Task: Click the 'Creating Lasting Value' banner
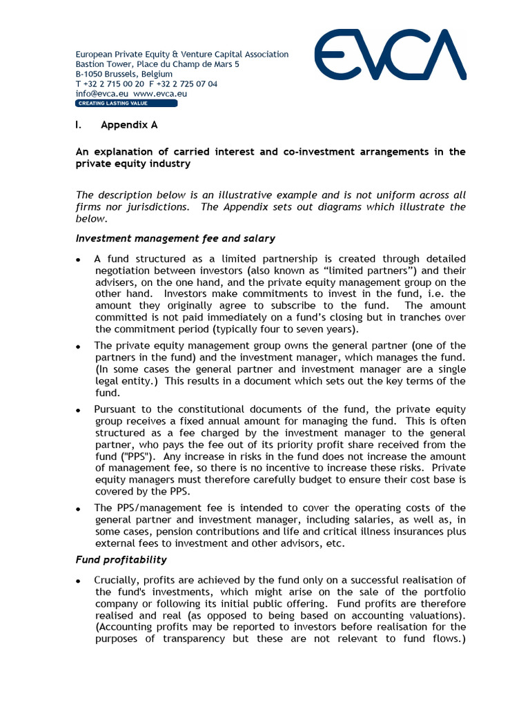tap(126, 104)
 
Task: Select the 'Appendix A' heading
tap(129, 126)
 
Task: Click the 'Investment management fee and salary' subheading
tap(175, 238)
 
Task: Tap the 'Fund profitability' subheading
tap(121, 559)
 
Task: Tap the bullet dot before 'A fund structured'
tap(79, 259)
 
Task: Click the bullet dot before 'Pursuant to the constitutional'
tap(79, 411)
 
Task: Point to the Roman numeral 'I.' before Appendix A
tap(79, 126)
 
